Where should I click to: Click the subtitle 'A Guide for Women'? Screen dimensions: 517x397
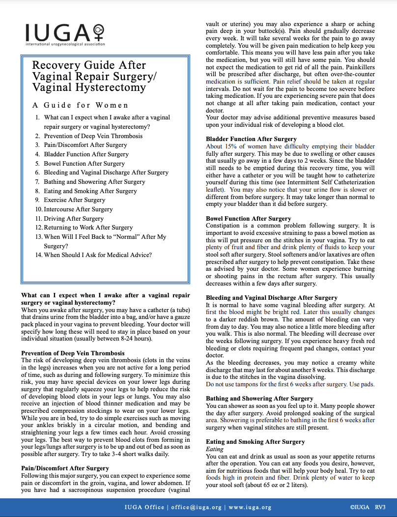click(80, 105)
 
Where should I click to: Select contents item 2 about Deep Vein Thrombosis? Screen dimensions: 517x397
click(93, 136)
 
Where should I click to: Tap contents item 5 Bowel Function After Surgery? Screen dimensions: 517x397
click(84, 163)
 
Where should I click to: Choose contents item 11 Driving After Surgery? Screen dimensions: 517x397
click(74, 218)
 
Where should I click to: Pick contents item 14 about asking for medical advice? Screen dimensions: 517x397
click(97, 255)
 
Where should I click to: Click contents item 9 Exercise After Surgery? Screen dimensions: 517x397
click(74, 200)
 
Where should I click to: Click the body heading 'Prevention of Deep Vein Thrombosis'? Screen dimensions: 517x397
click(73, 353)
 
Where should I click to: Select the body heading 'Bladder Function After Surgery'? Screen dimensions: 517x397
click(251, 139)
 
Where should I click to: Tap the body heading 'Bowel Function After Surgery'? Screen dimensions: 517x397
click(248, 218)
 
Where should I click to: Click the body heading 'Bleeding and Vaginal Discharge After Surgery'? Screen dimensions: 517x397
click(271, 297)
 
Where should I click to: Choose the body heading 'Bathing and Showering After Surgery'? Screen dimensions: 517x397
click(259, 398)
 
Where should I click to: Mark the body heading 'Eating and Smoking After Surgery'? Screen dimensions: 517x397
click(255, 441)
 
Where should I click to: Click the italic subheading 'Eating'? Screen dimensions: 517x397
click(214, 449)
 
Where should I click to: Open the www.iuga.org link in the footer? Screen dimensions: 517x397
click(250, 507)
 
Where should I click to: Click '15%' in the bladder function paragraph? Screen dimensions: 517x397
click(232, 146)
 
